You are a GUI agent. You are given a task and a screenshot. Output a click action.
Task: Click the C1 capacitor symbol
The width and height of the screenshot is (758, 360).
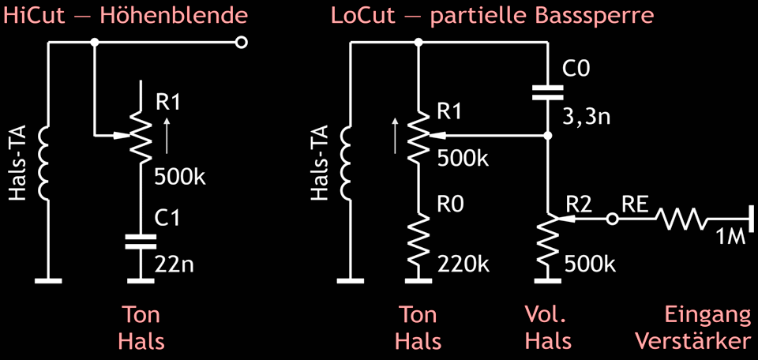[x=141, y=241]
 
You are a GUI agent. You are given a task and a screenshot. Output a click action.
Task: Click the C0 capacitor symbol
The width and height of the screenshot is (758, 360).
[x=547, y=92]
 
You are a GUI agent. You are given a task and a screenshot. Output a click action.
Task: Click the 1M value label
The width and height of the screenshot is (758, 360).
[x=730, y=238]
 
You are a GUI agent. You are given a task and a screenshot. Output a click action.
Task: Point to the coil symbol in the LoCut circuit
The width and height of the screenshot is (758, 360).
[x=347, y=162]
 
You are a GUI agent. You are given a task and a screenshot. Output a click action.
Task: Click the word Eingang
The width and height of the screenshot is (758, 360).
[x=707, y=316]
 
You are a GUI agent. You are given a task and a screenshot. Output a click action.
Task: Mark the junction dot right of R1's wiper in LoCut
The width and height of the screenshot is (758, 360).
[x=547, y=137]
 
